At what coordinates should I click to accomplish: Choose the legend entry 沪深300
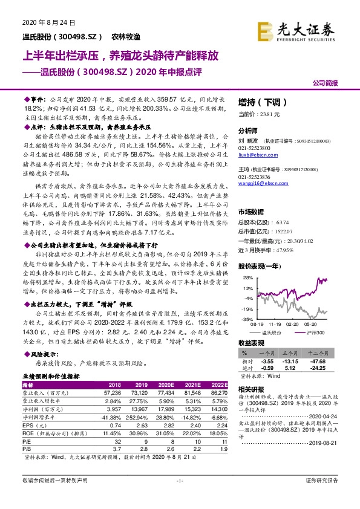point(312,332)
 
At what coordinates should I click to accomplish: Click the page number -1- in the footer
point(180,497)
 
